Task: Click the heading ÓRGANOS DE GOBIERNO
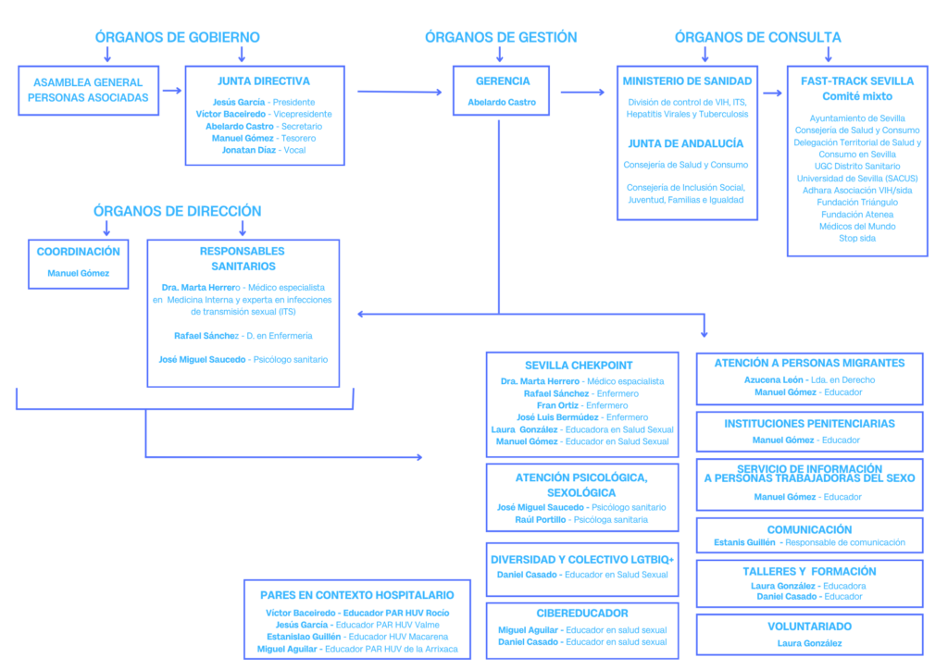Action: coord(177,37)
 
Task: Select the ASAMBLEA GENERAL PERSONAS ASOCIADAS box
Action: coord(88,91)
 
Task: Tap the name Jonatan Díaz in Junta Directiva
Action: coord(248,150)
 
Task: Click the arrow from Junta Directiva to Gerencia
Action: coord(400,92)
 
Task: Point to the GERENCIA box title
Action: coord(503,81)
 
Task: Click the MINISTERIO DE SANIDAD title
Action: coord(688,81)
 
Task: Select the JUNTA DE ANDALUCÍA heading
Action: coord(686,143)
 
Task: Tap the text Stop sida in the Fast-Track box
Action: coord(856,238)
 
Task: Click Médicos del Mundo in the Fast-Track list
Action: coord(856,226)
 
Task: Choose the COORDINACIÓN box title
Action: coord(79,252)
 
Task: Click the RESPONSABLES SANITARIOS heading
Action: coord(243,258)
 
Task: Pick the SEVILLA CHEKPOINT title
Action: coord(579,366)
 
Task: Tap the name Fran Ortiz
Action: coord(557,405)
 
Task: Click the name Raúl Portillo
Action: coord(541,519)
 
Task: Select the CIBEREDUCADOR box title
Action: coord(582,614)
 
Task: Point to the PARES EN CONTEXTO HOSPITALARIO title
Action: coord(356,595)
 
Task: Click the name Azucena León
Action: coord(773,380)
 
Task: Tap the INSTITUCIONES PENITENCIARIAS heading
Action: coord(809,424)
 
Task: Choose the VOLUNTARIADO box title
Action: coord(809,627)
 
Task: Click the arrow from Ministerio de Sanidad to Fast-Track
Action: coord(773,93)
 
